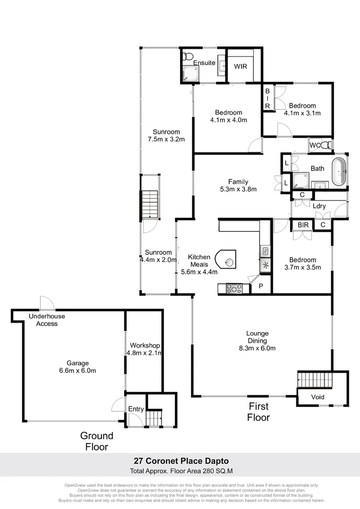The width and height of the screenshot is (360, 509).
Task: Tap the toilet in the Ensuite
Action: pyautogui.click(x=188, y=57)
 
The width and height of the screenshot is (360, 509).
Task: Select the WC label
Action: pyautogui.click(x=314, y=146)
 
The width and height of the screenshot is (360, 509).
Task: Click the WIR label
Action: pyautogui.click(x=241, y=66)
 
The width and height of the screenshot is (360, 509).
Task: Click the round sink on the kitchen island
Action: pyautogui.click(x=229, y=262)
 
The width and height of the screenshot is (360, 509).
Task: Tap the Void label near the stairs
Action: pyautogui.click(x=318, y=397)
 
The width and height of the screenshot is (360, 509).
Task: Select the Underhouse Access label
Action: pyautogui.click(x=47, y=320)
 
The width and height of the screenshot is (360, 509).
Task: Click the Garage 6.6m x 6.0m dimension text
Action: pyautogui.click(x=78, y=370)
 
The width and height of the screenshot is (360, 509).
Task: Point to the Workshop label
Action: pyautogui.click(x=145, y=345)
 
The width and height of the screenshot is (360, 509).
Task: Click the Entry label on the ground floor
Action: pyautogui.click(x=136, y=409)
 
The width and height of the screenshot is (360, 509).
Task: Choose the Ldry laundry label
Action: pyautogui.click(x=319, y=206)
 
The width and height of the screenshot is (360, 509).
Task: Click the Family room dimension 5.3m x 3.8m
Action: pyautogui.click(x=238, y=189)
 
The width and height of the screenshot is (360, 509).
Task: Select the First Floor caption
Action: pyautogui.click(x=259, y=411)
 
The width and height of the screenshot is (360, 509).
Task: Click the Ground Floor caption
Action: pyautogui.click(x=97, y=441)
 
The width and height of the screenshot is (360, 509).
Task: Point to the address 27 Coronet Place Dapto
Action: pyautogui.click(x=180, y=460)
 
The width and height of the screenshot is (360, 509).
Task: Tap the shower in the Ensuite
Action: pyautogui.click(x=191, y=73)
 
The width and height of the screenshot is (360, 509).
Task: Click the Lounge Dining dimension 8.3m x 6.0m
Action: pyautogui.click(x=257, y=348)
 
